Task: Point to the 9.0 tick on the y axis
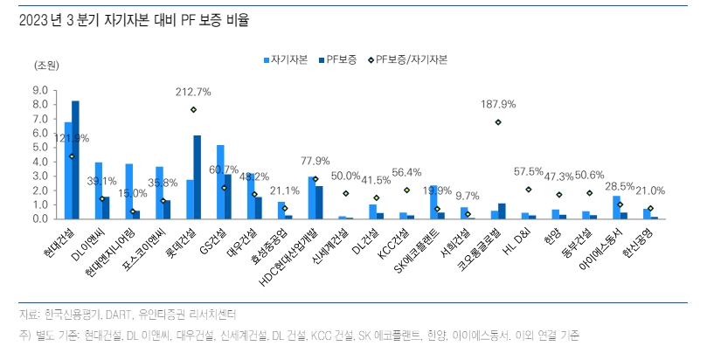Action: click(x=40, y=90)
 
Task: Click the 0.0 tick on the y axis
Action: click(x=40, y=218)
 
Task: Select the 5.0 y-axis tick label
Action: click(x=40, y=147)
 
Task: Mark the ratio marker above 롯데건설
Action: click(x=193, y=110)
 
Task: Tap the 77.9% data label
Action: click(x=315, y=161)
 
